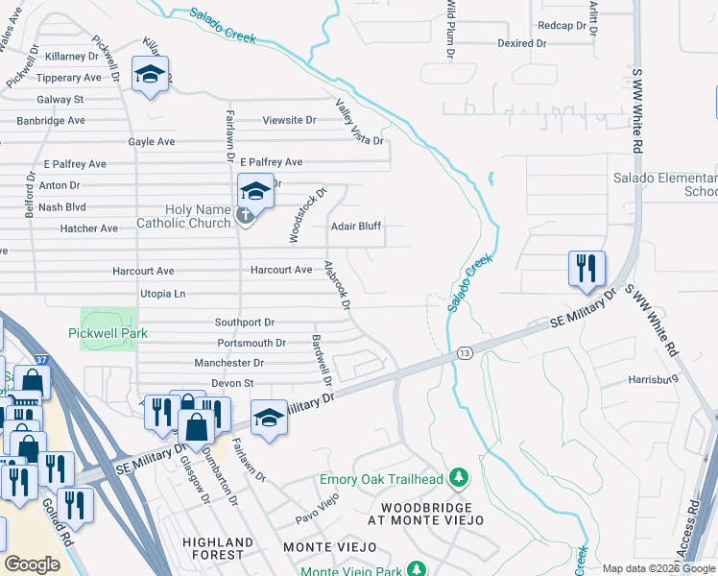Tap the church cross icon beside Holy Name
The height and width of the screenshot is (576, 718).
pyautogui.click(x=245, y=214)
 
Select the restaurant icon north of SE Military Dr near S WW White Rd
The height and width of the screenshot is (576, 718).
pyautogui.click(x=586, y=268)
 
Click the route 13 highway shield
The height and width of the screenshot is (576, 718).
pyautogui.click(x=464, y=352)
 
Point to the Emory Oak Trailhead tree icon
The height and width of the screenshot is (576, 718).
pyautogui.click(x=460, y=478)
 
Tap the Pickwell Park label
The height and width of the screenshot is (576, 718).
pyautogui.click(x=108, y=333)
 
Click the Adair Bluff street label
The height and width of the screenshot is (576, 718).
pyautogui.click(x=356, y=227)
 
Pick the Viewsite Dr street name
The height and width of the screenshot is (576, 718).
pyautogui.click(x=289, y=121)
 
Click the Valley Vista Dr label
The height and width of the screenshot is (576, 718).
pyautogui.click(x=359, y=121)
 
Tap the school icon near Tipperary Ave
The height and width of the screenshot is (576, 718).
pyautogui.click(x=150, y=75)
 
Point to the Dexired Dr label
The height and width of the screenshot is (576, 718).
pyautogui.click(x=521, y=44)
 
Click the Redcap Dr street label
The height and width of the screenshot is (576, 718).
pyautogui.click(x=562, y=25)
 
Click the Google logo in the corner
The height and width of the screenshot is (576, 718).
pyautogui.click(x=33, y=564)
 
